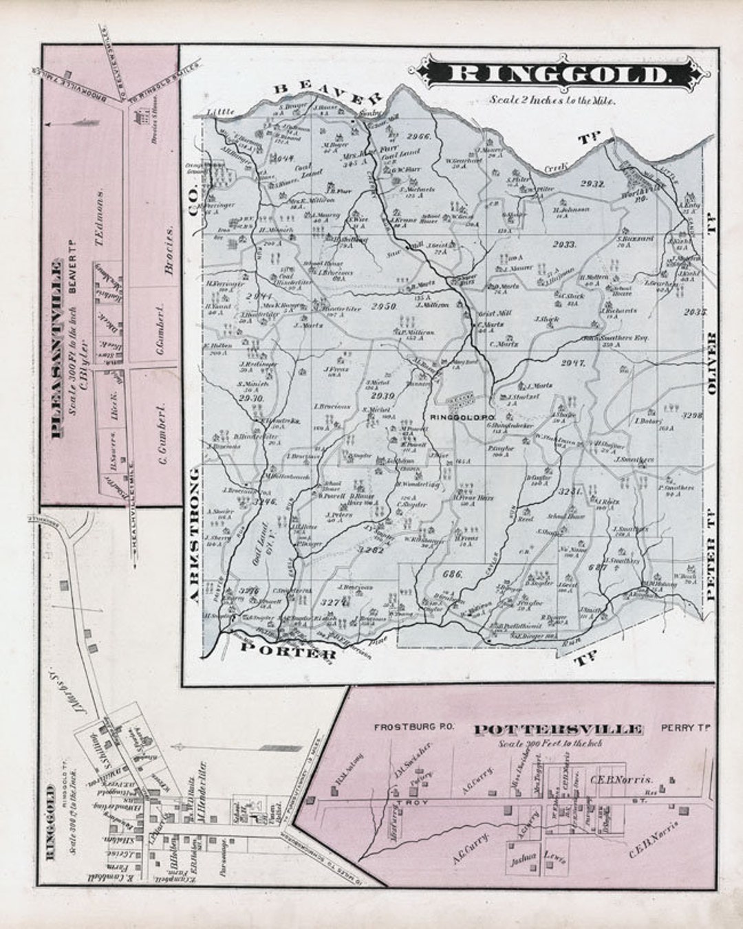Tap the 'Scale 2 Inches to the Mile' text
coord(552,100)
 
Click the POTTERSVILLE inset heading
coord(559,730)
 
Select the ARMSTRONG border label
coord(195,536)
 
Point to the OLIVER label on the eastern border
coord(711,363)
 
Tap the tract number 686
coord(452,573)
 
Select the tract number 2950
coord(384,306)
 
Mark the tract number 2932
coord(592,184)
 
